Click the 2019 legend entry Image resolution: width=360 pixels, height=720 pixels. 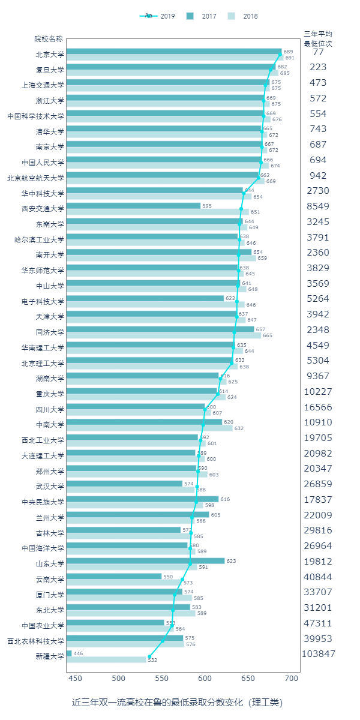[157, 16]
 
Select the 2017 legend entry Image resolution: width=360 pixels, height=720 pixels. [203, 16]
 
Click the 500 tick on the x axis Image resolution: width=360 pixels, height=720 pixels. [118, 679]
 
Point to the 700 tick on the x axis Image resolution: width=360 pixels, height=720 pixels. [291, 679]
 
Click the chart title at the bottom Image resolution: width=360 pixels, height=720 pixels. [177, 702]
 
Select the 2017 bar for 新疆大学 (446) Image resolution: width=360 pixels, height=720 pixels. [69, 653]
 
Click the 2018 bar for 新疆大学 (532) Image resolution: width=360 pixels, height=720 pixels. [106, 660]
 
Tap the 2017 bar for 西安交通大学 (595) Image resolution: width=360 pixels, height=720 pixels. [133, 206]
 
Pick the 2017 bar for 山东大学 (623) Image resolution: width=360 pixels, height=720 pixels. [145, 561]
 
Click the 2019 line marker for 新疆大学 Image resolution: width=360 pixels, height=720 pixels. [149, 656]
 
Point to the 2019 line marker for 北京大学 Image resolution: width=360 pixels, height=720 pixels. [280, 54]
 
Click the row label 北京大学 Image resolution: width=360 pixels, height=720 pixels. [50, 54]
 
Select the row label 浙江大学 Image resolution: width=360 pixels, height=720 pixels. [50, 100]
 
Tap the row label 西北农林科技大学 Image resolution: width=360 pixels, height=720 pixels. [35, 641]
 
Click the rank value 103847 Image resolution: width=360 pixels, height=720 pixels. [318, 654]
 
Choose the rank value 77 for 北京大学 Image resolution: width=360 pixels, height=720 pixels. [318, 52]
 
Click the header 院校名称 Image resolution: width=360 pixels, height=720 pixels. [49, 39]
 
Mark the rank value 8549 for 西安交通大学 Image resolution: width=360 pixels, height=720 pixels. [318, 206]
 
